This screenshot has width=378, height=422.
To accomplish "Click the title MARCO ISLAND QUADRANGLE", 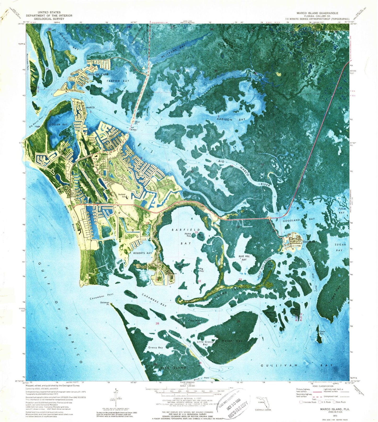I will (x=317, y=13).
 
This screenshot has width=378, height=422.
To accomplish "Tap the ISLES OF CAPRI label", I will (x=98, y=74).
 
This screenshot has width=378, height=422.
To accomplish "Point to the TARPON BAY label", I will (x=118, y=81).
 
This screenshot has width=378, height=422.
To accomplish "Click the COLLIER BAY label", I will (x=59, y=125).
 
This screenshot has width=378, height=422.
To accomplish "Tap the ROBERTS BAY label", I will (x=143, y=253).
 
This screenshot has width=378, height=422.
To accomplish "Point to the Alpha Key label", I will (x=188, y=234).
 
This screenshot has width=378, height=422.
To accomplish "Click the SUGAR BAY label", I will (x=340, y=247).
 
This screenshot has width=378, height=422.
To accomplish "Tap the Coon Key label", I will (x=322, y=333).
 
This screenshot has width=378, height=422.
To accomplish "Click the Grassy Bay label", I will (x=155, y=348).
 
